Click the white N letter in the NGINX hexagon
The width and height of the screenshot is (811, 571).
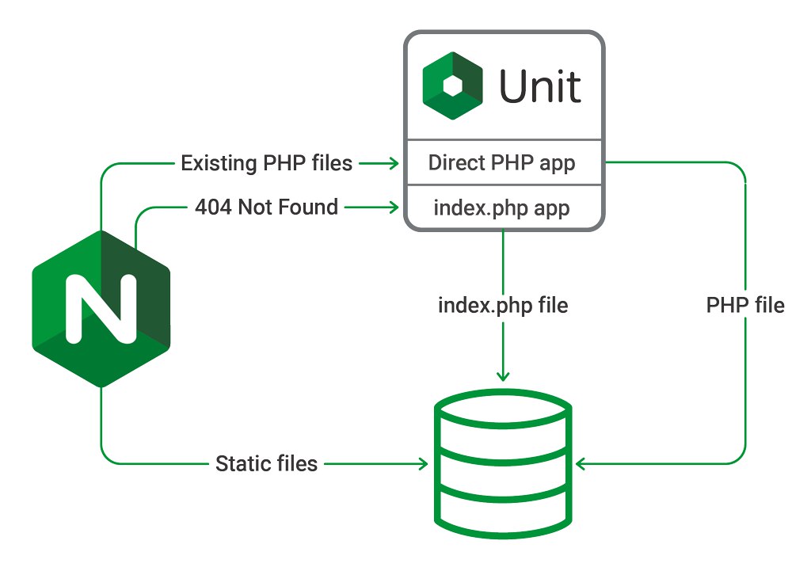click(101, 308)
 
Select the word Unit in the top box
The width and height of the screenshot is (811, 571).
click(539, 86)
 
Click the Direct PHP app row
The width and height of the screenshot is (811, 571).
click(502, 162)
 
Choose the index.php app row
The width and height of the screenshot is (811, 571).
click(502, 207)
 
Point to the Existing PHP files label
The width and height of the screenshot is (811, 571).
click(266, 163)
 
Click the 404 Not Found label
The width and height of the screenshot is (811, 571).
click(266, 207)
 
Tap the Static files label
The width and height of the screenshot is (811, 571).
click(266, 463)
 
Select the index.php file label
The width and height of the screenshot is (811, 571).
click(503, 305)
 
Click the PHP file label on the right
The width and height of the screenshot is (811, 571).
click(745, 305)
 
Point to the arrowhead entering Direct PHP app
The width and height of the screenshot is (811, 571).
click(393, 163)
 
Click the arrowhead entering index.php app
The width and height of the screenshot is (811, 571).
click(393, 207)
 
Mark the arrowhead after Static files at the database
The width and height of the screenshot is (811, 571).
click(423, 463)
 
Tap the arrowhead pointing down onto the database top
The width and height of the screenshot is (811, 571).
click(503, 376)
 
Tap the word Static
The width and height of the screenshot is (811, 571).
click(239, 463)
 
